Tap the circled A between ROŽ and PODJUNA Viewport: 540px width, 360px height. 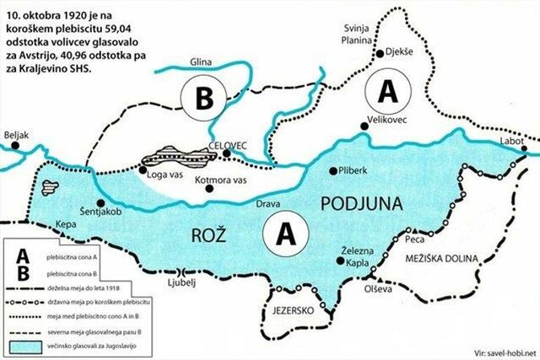pyautogui.click(x=284, y=232)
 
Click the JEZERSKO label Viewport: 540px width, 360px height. pyautogui.click(x=293, y=312)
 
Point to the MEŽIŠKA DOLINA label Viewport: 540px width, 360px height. pyautogui.click(x=441, y=257)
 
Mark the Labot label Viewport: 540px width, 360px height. pyautogui.click(x=510, y=142)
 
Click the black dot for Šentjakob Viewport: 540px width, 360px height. pyautogui.click(x=101, y=203)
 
